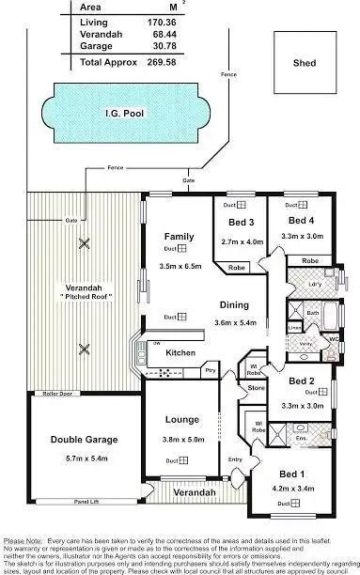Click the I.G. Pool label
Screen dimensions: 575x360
[124, 114]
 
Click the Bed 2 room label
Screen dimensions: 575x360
[301, 381]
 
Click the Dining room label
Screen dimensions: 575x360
[234, 304]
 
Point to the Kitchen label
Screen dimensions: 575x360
[180, 352]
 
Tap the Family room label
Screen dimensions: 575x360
[179, 237]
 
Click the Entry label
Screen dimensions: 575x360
[235, 458]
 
